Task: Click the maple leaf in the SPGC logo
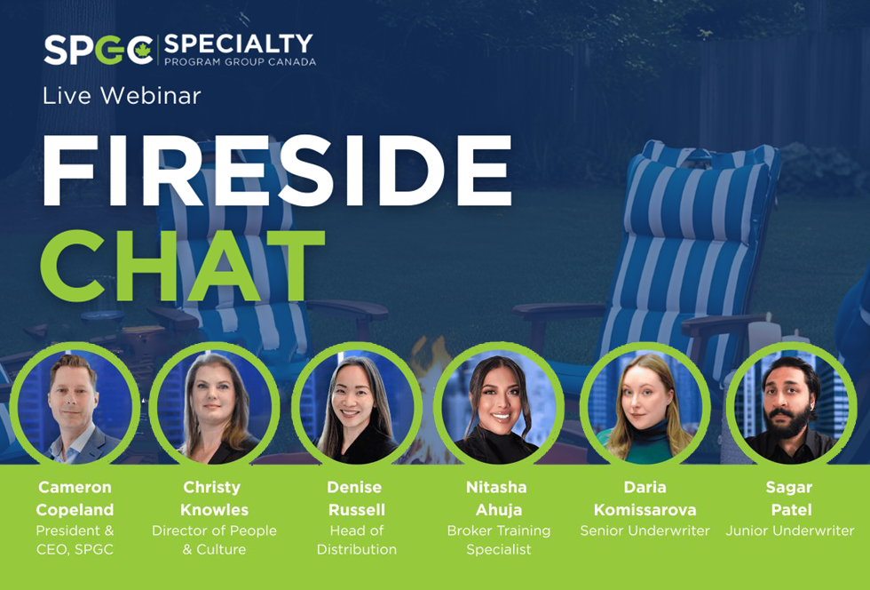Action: click(x=143, y=49)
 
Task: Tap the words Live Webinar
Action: click(x=122, y=96)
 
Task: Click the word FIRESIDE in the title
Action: click(x=276, y=171)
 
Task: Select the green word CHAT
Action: click(x=183, y=266)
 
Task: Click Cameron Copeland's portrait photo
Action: click(x=75, y=407)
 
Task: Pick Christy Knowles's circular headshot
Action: click(x=214, y=407)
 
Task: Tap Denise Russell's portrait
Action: click(x=356, y=407)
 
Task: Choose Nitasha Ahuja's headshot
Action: click(x=498, y=407)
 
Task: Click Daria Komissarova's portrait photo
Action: click(x=645, y=407)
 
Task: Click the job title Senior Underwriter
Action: click(x=645, y=530)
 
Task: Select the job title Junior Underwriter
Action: click(x=790, y=530)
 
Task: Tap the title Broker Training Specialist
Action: click(x=499, y=540)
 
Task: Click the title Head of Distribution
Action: click(x=357, y=540)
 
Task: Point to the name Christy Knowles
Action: click(x=214, y=498)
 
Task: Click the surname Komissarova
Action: click(x=645, y=509)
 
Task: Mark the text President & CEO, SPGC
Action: click(x=75, y=540)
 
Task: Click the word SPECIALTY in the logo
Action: click(x=239, y=44)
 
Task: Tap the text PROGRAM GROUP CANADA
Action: click(x=240, y=61)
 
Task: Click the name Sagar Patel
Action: click(x=790, y=498)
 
